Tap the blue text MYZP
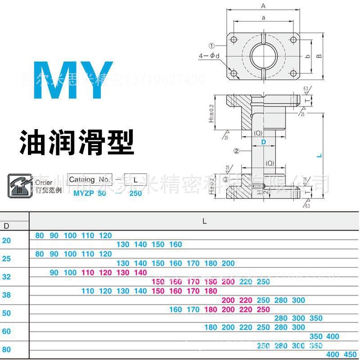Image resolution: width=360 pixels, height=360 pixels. tap(84, 193)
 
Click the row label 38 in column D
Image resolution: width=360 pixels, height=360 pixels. tap(6, 295)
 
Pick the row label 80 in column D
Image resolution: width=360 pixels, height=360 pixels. tap(6, 349)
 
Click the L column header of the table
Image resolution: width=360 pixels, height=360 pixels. tap(204, 221)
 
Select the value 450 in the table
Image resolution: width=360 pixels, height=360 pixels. tap(350, 354)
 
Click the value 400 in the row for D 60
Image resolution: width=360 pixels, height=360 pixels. tap(333, 336)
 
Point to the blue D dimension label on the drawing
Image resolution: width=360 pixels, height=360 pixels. tap(264, 142)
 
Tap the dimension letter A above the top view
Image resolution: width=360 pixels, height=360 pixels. tap(263, 6)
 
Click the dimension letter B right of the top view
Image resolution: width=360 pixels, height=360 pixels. tap(319, 56)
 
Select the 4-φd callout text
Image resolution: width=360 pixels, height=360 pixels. tap(209, 56)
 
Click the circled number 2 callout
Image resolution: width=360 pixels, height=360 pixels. tap(236, 151)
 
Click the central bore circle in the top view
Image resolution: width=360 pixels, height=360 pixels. tap(264, 56)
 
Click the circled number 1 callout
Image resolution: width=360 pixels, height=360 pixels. tap(211, 45)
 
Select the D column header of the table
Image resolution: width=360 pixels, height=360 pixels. tap(6, 225)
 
